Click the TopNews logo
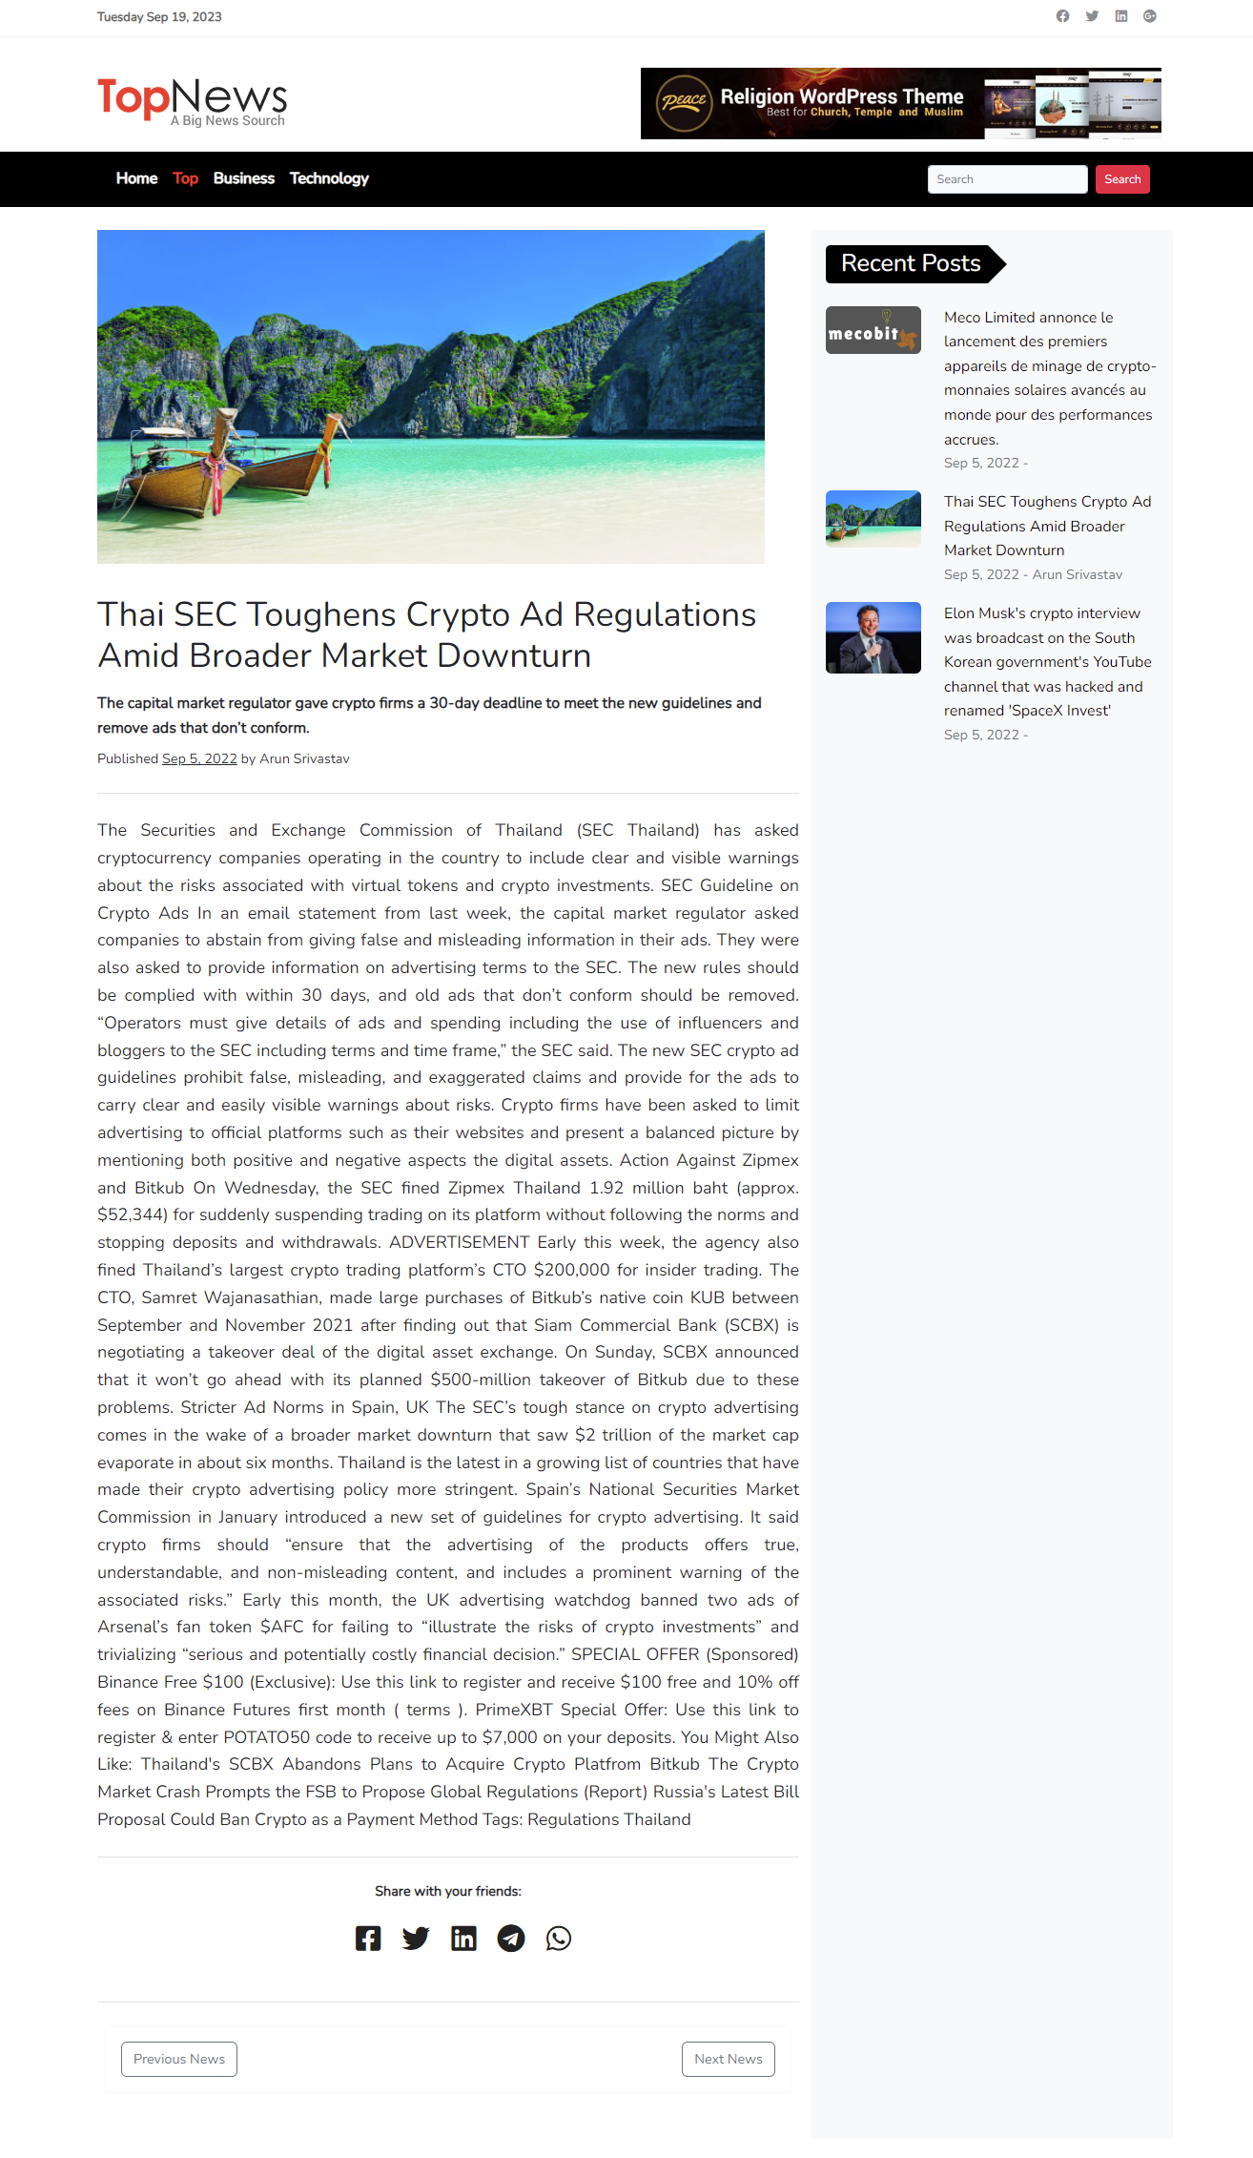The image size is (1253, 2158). pos(192,100)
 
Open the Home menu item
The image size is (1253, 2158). pos(136,178)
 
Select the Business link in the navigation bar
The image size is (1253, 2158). pos(243,178)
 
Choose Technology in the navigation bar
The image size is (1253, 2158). pos(329,178)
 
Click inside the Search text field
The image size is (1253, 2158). pos(1006,179)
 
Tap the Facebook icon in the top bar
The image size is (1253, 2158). pos(1062,16)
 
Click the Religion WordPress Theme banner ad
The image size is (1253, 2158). pos(900,103)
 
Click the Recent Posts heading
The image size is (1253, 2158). pos(911,263)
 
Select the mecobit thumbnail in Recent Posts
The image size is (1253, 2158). pos(873,330)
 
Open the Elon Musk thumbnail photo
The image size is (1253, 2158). pos(873,637)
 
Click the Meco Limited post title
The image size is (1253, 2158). pos(1048,378)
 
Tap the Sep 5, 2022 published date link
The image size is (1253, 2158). pos(199,758)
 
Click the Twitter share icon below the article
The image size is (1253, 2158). pos(416,1939)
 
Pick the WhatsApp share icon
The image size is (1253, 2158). pos(559,1939)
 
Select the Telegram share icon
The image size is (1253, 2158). pos(511,1939)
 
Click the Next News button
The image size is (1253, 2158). pos(728,2059)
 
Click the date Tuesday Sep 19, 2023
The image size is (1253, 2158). pos(159,17)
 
